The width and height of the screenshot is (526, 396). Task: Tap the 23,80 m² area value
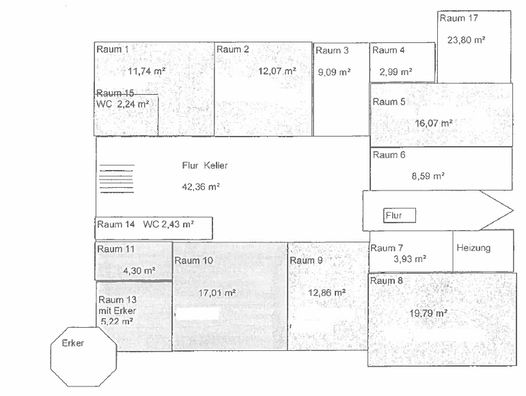point(466,40)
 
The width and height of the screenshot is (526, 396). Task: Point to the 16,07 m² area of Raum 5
point(434,124)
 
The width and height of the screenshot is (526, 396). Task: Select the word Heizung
point(473,248)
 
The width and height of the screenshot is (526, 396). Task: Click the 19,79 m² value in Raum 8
point(428,313)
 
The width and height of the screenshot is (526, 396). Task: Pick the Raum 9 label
point(306,260)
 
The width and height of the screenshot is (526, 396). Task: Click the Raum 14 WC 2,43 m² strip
point(153,225)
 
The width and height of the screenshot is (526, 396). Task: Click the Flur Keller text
point(204,165)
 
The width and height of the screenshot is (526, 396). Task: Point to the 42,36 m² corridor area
point(200,186)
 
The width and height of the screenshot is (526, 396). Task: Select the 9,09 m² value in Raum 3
point(334,72)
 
